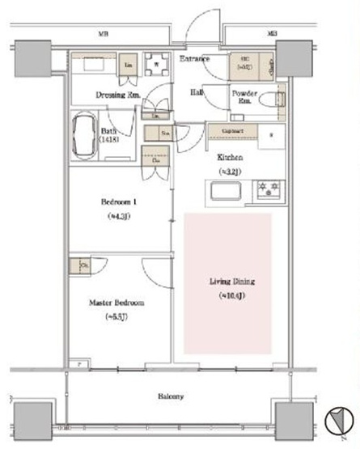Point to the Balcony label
171,396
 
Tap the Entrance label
194,59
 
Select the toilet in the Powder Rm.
277,100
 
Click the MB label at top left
104,36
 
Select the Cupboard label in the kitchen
231,131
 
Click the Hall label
197,93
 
